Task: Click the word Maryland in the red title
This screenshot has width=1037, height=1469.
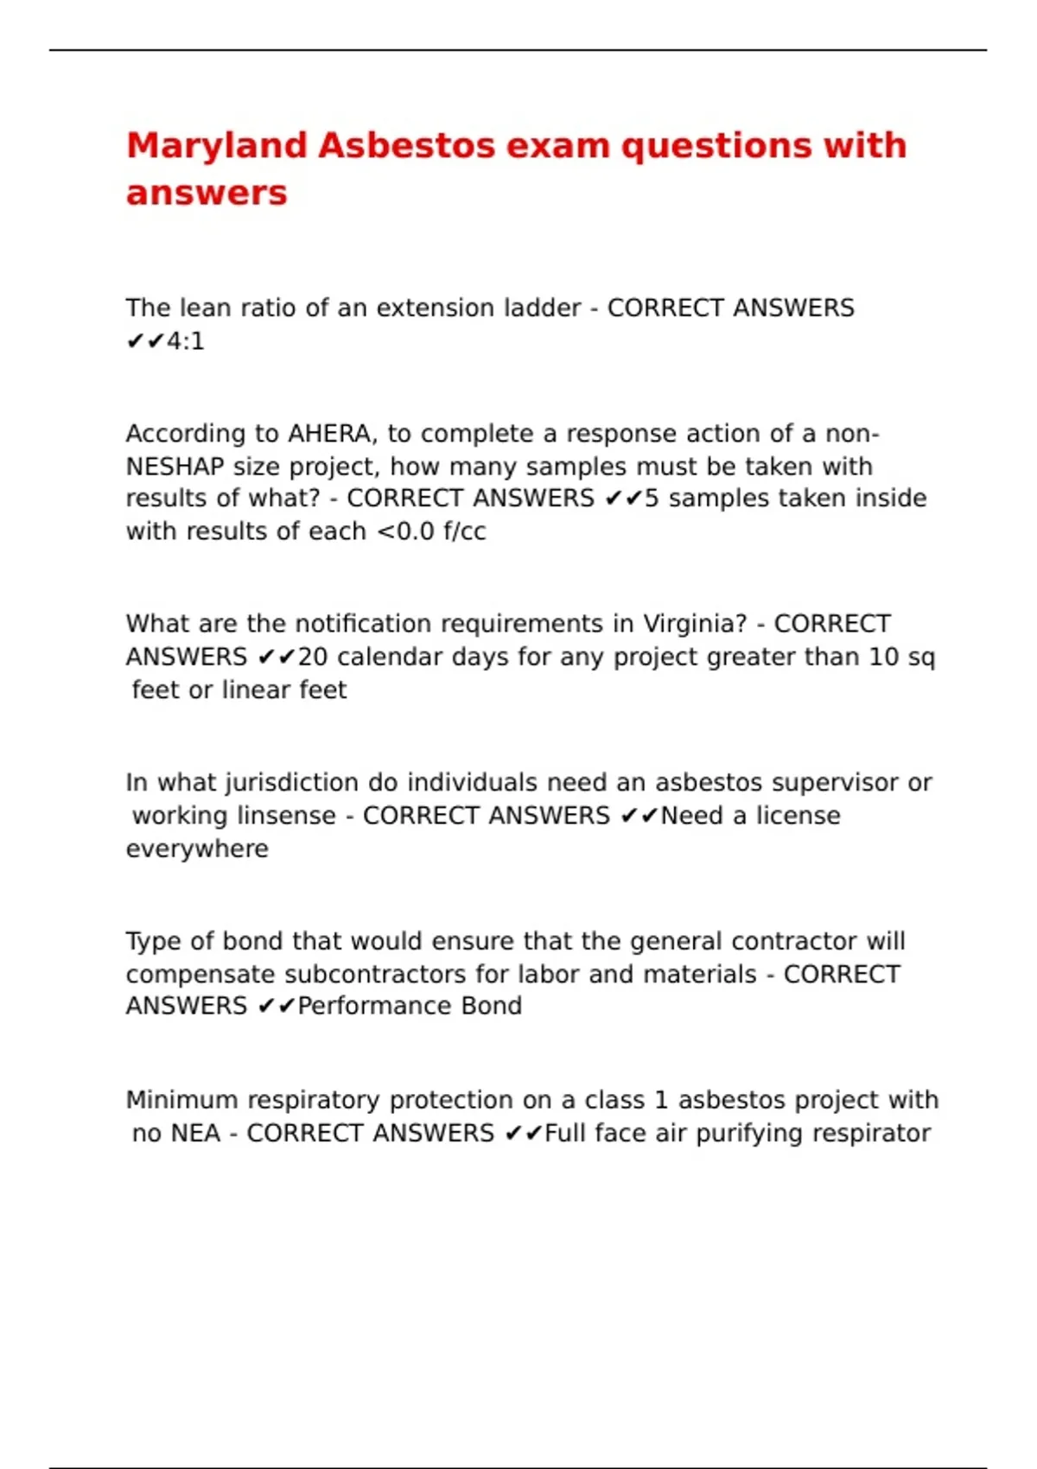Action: pyautogui.click(x=217, y=146)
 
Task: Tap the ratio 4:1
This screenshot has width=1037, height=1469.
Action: pyautogui.click(x=186, y=342)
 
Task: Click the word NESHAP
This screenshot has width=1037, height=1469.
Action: pyautogui.click(x=175, y=467)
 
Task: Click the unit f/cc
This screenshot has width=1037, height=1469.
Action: pyautogui.click(x=464, y=531)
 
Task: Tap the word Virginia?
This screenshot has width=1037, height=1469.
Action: pyautogui.click(x=695, y=624)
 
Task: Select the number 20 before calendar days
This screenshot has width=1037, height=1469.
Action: pyautogui.click(x=313, y=658)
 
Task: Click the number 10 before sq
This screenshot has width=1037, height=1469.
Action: pyautogui.click(x=884, y=658)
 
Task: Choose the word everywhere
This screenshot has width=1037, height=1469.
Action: pyautogui.click(x=197, y=849)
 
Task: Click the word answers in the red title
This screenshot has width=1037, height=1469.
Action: pyautogui.click(x=207, y=194)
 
